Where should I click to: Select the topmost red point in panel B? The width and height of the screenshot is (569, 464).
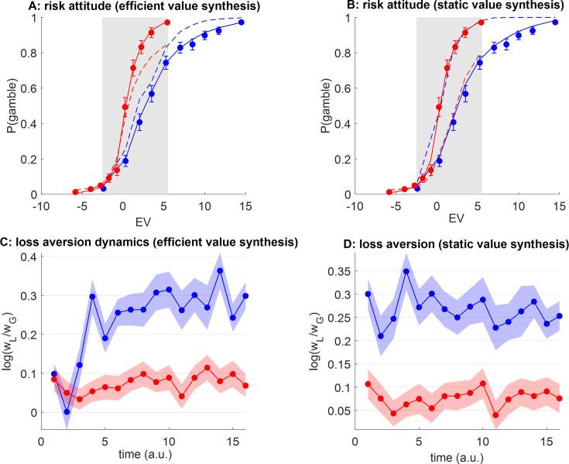pos(482,22)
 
